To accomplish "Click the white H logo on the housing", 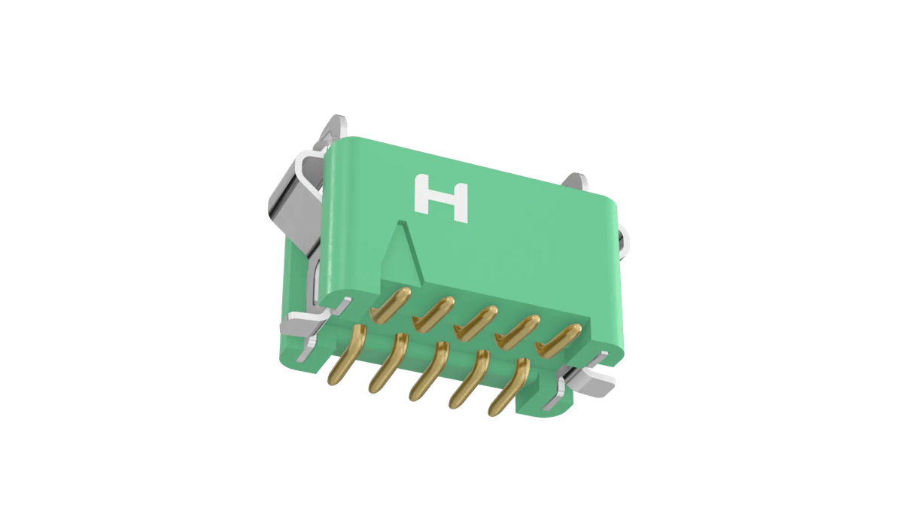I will click(x=441, y=199).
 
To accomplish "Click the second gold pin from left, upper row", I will click(x=433, y=313).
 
